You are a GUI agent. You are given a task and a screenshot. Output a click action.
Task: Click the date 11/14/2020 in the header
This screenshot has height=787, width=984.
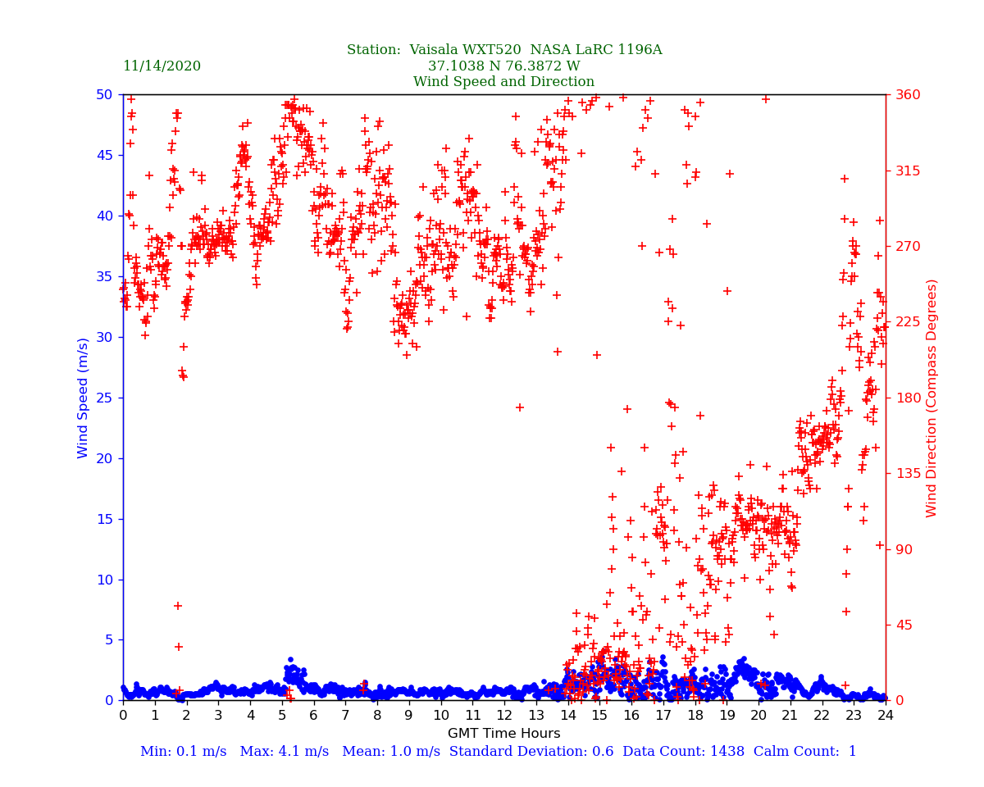162,66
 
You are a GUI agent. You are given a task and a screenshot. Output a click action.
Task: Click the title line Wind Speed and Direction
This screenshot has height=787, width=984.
503,82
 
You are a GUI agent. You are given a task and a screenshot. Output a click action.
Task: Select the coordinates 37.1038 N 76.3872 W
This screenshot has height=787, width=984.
503,66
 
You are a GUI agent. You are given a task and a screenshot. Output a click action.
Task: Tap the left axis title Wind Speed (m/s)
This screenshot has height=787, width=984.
84,398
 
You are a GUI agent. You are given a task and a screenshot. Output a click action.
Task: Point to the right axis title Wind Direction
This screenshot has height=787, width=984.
932,398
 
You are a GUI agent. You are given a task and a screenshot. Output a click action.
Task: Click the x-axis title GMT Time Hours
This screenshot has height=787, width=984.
503,734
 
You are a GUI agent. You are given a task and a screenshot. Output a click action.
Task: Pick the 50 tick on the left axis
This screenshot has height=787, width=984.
104,94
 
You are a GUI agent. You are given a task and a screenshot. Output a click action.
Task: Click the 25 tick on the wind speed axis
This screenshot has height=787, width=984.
104,398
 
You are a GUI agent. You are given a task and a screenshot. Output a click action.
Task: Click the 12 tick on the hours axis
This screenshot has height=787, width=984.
504,716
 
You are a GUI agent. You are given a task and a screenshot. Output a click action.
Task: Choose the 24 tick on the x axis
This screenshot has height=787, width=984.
886,716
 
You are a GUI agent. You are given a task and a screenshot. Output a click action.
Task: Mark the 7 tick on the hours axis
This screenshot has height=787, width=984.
345,716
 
